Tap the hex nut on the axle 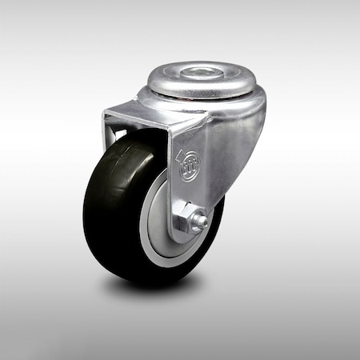[x=187, y=218]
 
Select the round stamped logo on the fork [x=189, y=170]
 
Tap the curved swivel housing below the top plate [x=232, y=120]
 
